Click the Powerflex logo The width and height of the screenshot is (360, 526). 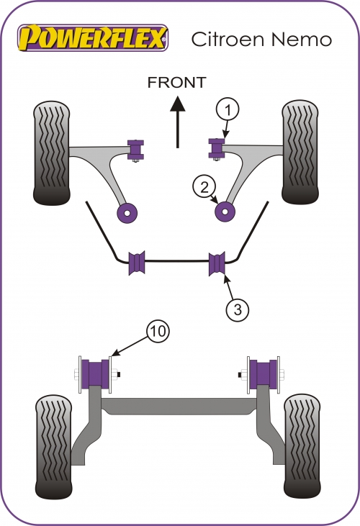point(93,37)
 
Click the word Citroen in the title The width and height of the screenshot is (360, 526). point(228,39)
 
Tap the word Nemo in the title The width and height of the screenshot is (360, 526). point(301,40)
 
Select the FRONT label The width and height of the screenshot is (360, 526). point(177,83)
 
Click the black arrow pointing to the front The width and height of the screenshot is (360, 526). point(178,122)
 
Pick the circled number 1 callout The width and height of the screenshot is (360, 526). point(228,109)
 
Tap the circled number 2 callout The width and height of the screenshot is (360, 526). point(204,187)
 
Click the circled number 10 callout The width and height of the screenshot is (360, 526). point(158,331)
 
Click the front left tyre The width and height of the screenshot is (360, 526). point(52,153)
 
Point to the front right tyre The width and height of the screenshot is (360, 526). point(300,152)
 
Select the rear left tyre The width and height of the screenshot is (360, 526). point(54,447)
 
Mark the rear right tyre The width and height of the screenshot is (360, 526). point(302,446)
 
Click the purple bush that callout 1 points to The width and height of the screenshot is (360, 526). point(217,148)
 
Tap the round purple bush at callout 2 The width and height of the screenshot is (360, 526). point(225,212)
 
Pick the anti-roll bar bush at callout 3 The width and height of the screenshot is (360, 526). point(217,263)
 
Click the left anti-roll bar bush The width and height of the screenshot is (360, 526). point(137,263)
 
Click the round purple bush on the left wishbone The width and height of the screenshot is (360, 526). point(127,213)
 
